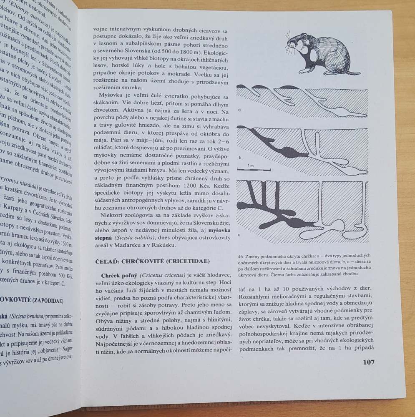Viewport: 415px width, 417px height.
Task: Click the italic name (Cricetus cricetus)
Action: click(x=164, y=276)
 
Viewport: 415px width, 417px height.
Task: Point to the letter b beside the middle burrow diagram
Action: click(x=241, y=158)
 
